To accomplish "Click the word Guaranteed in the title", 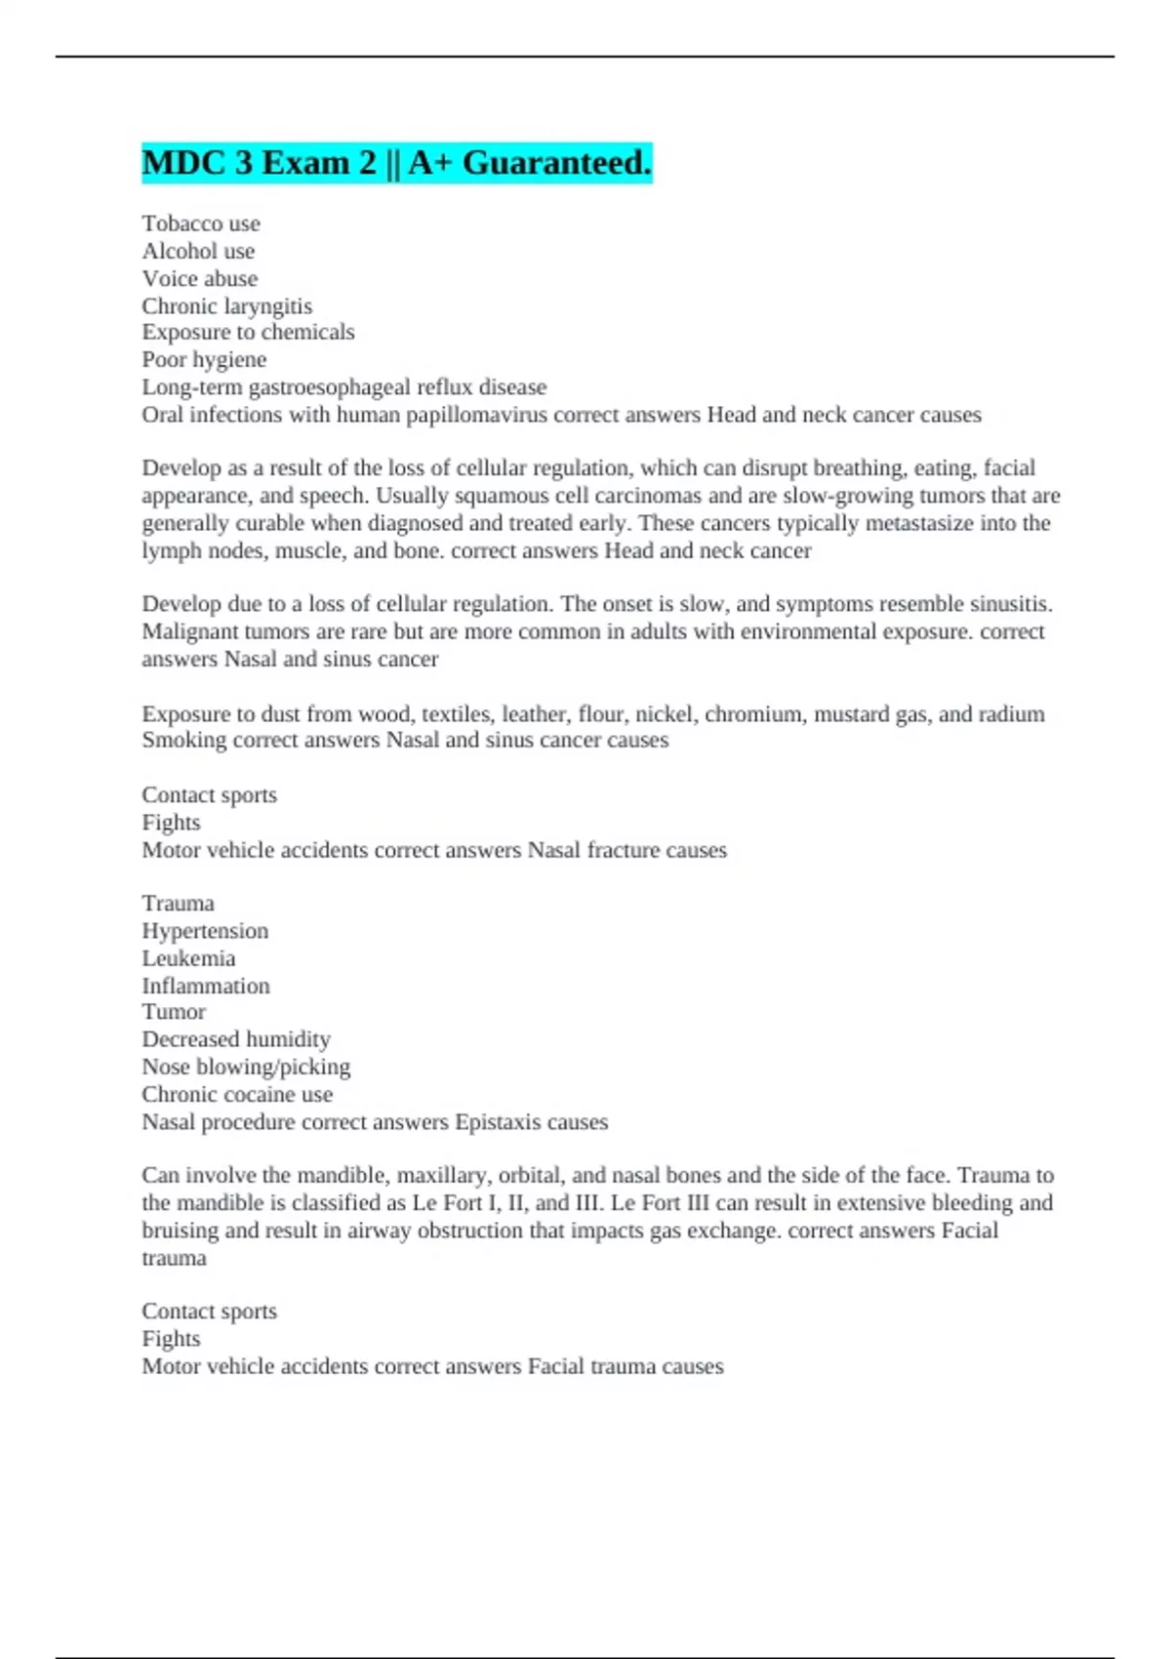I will coord(556,163).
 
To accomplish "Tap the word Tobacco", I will coord(182,223).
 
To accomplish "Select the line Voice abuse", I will coord(200,278).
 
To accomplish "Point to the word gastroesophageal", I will coord(330,387).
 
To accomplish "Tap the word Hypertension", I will coord(205,931).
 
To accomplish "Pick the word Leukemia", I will coord(188,958).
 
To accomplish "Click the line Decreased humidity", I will coord(236,1039).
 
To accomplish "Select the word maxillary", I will coord(447,1175).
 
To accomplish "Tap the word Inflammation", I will coord(206,986).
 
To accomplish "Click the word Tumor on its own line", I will coord(174,1012).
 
